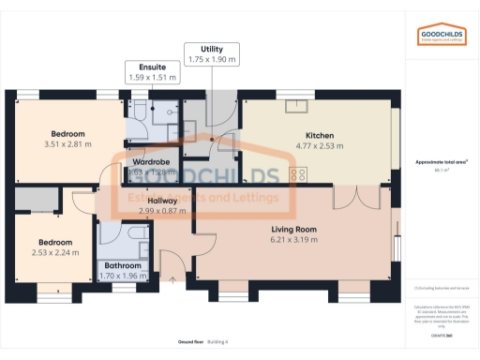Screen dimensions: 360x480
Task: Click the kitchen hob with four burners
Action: tap(300, 172)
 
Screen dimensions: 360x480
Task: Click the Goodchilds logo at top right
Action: tap(441, 36)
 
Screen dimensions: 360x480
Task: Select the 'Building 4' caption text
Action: tap(217, 341)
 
